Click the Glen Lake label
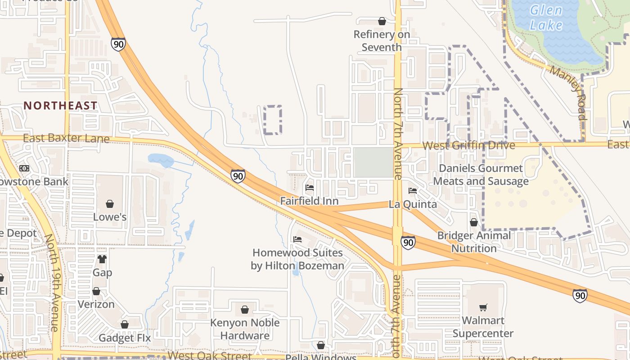546,17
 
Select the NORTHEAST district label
60,106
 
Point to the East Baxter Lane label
66,138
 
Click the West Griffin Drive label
468,145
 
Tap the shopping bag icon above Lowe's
110,204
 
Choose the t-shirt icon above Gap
102,259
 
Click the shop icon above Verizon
96,291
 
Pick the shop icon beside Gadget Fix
125,324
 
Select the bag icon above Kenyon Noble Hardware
244,310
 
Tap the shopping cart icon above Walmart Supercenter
483,307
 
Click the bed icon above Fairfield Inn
309,188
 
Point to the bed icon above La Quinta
413,191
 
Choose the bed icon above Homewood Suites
297,239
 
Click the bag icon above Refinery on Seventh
382,21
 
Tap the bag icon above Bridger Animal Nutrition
474,222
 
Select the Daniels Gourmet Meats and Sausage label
481,175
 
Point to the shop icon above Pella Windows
321,345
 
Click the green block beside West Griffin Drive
373,162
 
